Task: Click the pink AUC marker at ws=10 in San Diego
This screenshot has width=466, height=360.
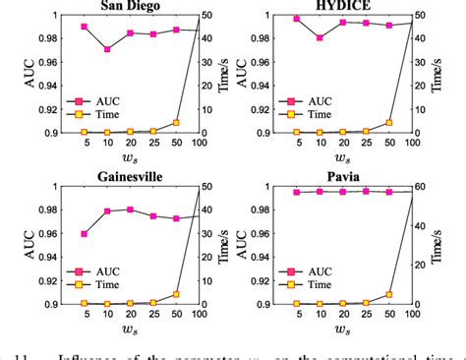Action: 107,49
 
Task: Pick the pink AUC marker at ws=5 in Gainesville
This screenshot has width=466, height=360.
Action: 85,234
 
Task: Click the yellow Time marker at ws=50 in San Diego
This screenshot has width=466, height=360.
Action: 176,123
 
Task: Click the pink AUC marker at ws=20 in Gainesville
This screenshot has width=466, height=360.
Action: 130,210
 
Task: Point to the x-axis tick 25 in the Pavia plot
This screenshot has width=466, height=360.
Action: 366,316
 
